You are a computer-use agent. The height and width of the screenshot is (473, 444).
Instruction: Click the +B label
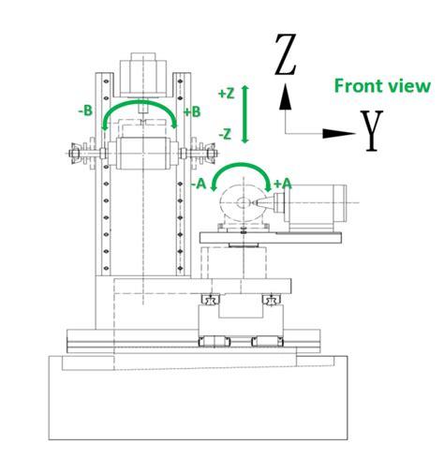pyautogui.click(x=194, y=111)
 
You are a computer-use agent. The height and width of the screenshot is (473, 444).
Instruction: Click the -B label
pyautogui.click(x=86, y=110)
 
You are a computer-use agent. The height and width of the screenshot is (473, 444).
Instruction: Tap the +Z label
pyautogui.click(x=225, y=94)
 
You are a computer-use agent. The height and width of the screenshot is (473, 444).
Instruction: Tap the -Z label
pyautogui.click(x=224, y=134)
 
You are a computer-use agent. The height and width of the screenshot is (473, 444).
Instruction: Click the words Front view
pyautogui.click(x=383, y=86)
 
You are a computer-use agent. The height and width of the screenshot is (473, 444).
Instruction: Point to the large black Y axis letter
pyautogui.click(x=373, y=130)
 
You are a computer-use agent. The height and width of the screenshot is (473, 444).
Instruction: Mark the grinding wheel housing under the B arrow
pyautogui.click(x=141, y=149)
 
